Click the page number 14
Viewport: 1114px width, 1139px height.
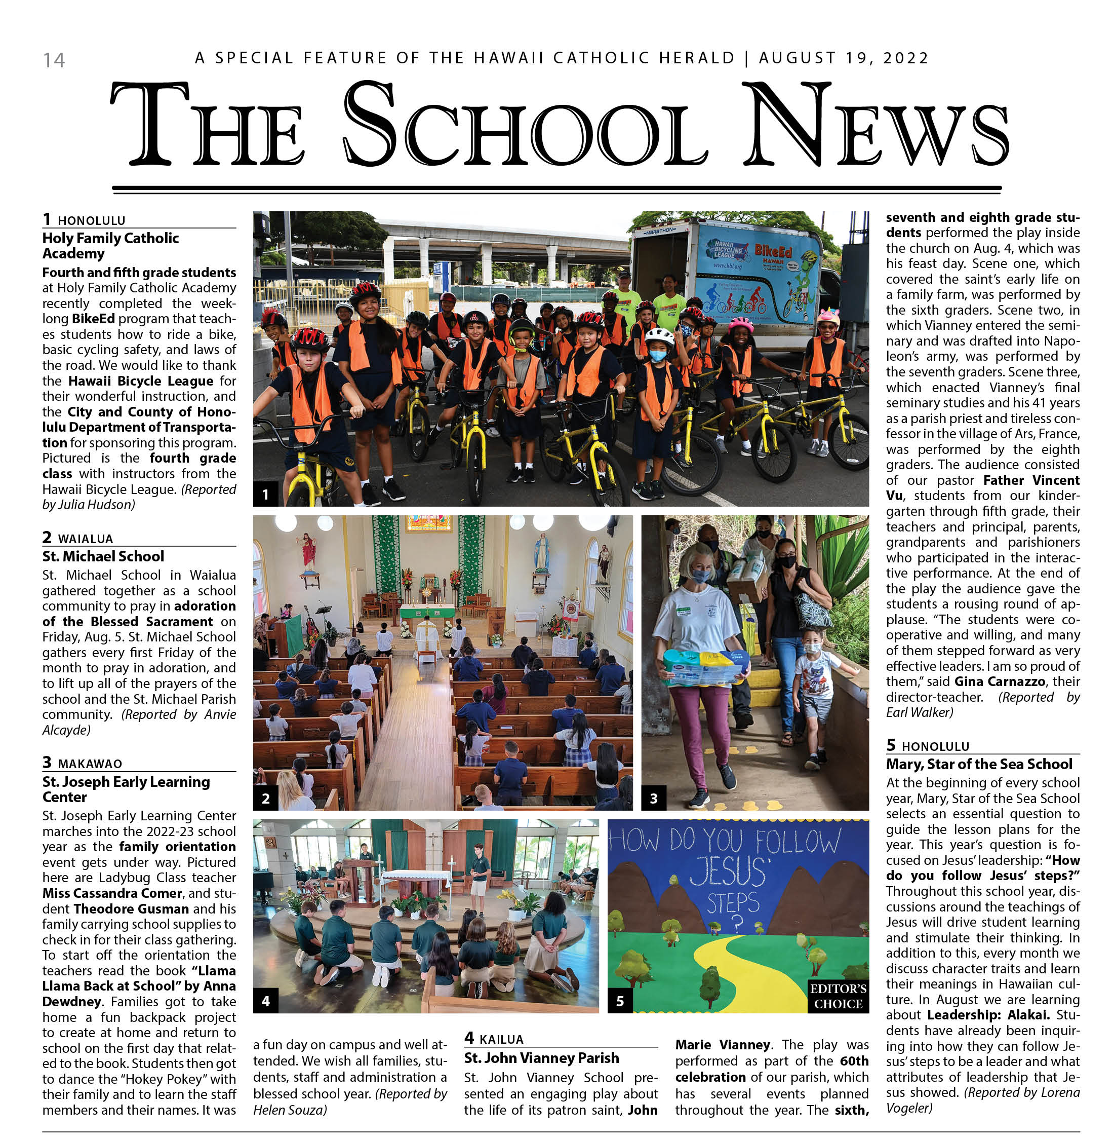(x=54, y=60)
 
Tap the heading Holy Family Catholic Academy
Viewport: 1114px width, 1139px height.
(x=110, y=246)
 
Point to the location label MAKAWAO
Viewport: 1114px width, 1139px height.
(x=90, y=764)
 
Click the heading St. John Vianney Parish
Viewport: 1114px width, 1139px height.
(x=541, y=1057)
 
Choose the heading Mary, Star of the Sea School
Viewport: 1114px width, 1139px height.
(x=979, y=764)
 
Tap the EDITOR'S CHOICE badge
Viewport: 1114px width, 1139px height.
(x=838, y=996)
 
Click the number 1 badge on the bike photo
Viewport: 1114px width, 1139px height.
(x=265, y=495)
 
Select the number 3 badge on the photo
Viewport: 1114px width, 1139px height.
(x=654, y=799)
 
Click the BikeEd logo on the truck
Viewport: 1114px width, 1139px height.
(x=773, y=253)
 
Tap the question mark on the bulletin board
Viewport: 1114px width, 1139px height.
(x=737, y=924)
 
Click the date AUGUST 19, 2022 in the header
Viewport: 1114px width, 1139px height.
(x=844, y=58)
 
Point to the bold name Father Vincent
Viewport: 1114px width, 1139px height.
(x=1031, y=480)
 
